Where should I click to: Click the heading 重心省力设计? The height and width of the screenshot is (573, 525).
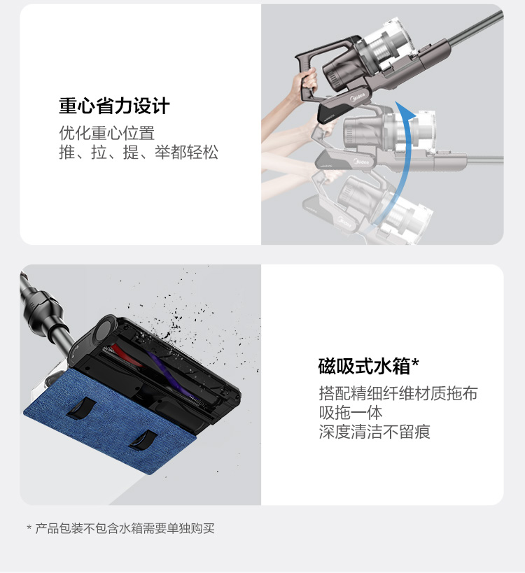pos(114,106)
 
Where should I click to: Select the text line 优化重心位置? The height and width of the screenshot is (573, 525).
pos(107,133)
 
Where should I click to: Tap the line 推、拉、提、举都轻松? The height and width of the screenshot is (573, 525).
pos(139,152)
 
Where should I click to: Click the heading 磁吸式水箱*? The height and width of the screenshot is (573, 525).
pos(368,366)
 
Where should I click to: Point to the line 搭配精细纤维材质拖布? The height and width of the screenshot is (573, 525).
pos(398,394)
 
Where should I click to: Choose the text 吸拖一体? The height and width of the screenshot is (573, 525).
pos(351,413)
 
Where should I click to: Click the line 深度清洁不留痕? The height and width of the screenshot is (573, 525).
pos(374,432)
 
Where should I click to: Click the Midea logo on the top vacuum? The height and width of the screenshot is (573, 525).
pos(358,97)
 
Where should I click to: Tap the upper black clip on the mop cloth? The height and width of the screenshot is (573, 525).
pos(81,408)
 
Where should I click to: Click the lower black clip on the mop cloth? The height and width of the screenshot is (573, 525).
pos(143,439)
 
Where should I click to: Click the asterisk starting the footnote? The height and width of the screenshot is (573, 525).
pos(29,528)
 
